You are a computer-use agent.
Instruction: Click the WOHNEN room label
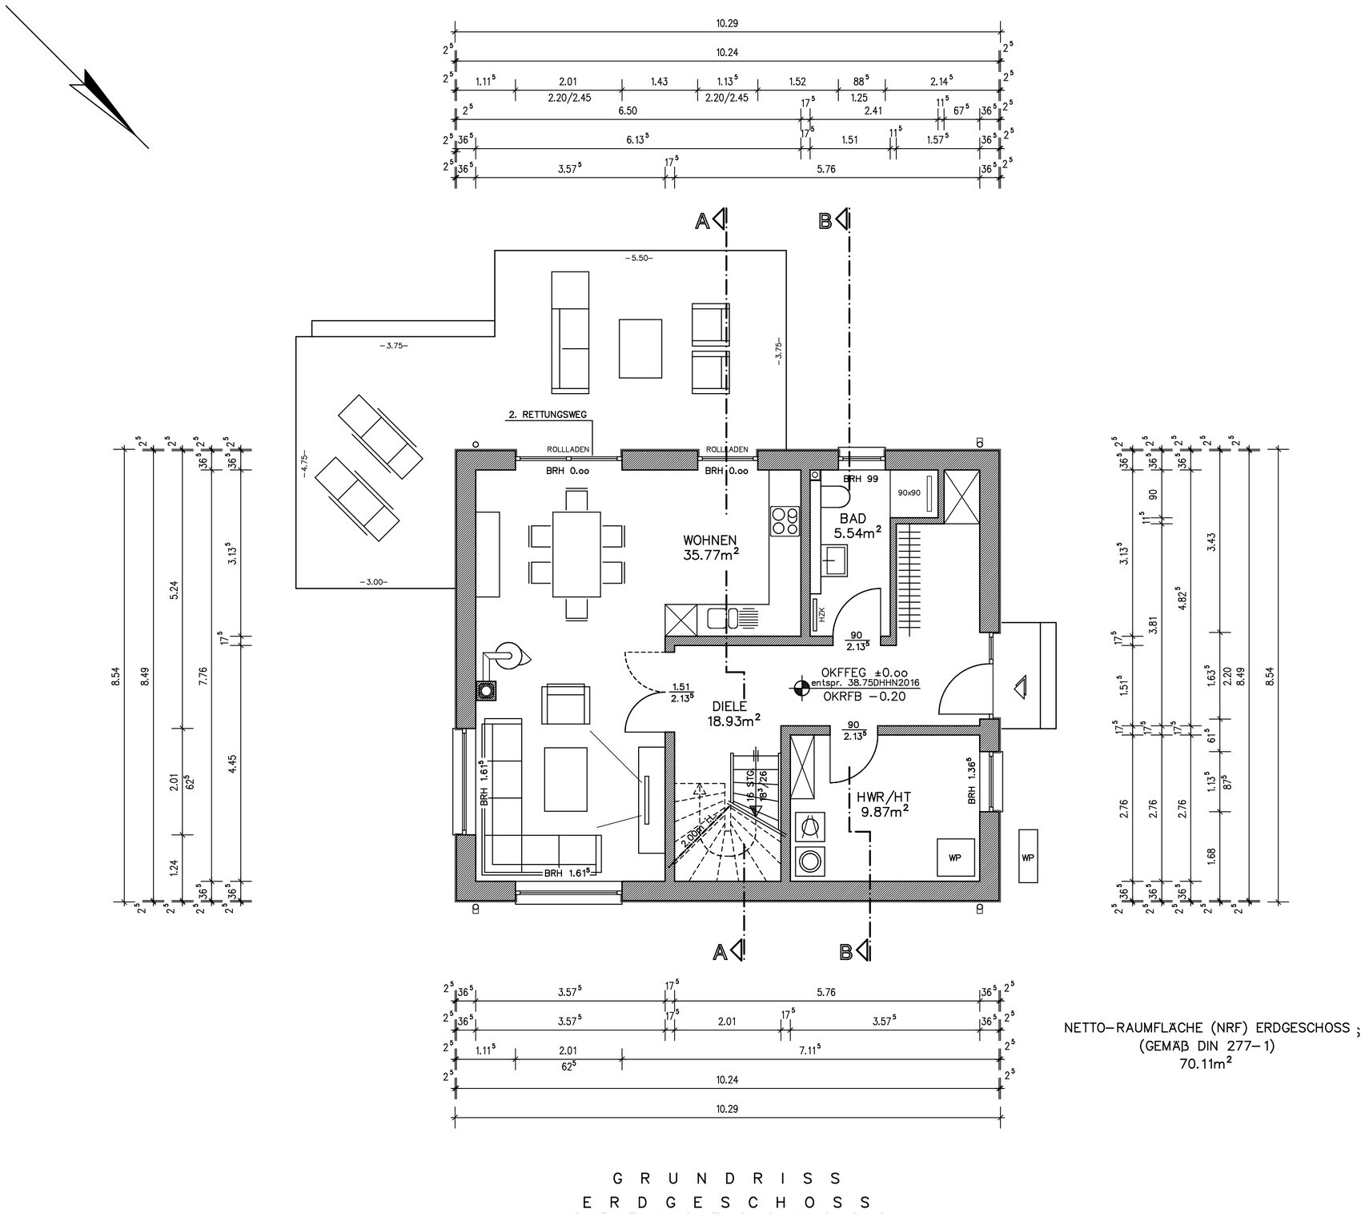(x=709, y=540)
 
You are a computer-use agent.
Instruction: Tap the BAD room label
(x=853, y=519)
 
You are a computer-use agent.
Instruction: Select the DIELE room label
(x=728, y=707)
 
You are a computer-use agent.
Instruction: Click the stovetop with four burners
(x=784, y=521)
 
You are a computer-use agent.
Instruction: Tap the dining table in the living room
(x=576, y=553)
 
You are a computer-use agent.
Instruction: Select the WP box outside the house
(x=1028, y=857)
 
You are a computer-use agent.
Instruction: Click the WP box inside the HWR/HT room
(x=954, y=858)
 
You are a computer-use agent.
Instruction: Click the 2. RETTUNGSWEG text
(x=548, y=415)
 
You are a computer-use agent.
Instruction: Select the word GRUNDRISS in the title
(x=726, y=1179)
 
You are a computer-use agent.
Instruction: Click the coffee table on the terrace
(x=640, y=347)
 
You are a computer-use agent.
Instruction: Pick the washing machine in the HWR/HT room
(x=809, y=862)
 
